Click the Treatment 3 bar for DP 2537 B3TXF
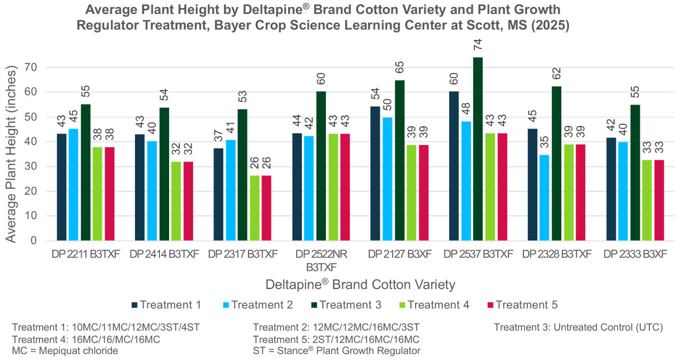478,149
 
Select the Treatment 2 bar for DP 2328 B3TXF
544,197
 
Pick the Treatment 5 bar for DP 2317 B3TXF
266,208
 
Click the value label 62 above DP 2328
557,74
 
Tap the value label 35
544,142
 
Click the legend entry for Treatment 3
346,305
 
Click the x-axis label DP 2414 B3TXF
164,254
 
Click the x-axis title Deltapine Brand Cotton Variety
360,284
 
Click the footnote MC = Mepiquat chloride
65,350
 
